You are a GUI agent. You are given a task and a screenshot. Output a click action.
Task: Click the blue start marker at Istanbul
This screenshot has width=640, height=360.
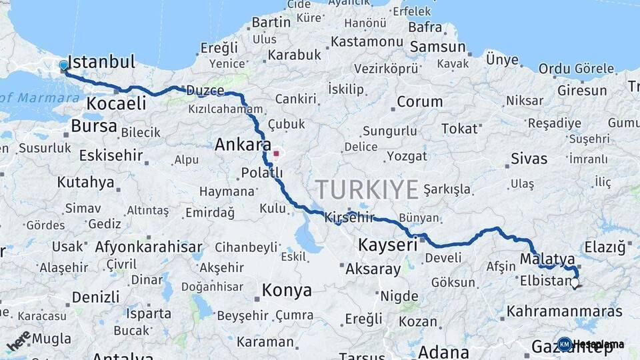tap(63, 65)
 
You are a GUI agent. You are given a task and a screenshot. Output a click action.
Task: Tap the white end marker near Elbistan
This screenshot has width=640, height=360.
tap(575, 283)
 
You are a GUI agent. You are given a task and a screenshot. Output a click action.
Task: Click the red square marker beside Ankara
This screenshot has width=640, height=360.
tap(276, 153)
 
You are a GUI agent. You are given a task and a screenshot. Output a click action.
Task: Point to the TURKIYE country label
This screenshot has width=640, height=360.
tap(367, 189)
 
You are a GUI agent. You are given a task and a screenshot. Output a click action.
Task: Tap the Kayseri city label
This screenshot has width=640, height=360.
tap(387, 245)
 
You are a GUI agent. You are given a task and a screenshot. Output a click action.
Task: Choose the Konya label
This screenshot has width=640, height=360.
tap(287, 291)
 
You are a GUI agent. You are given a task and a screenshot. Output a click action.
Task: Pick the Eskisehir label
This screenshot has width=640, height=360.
tap(111, 156)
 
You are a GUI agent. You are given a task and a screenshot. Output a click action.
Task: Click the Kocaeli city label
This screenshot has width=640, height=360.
tap(116, 104)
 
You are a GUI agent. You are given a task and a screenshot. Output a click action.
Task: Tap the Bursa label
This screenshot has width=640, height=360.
tap(94, 126)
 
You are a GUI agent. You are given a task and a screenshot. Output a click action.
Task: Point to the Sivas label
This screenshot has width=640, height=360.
tap(529, 159)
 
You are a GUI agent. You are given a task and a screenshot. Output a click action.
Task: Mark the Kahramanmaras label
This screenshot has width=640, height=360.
tap(564, 311)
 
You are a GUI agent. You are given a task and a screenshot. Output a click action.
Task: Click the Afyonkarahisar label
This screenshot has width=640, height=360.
tap(149, 247)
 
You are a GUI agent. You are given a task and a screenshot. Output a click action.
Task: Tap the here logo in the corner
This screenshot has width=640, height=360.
tap(19, 340)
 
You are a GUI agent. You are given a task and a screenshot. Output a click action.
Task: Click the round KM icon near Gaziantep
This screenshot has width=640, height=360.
tap(564, 344)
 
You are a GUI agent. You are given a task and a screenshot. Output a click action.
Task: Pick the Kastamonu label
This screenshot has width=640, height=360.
tap(367, 42)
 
